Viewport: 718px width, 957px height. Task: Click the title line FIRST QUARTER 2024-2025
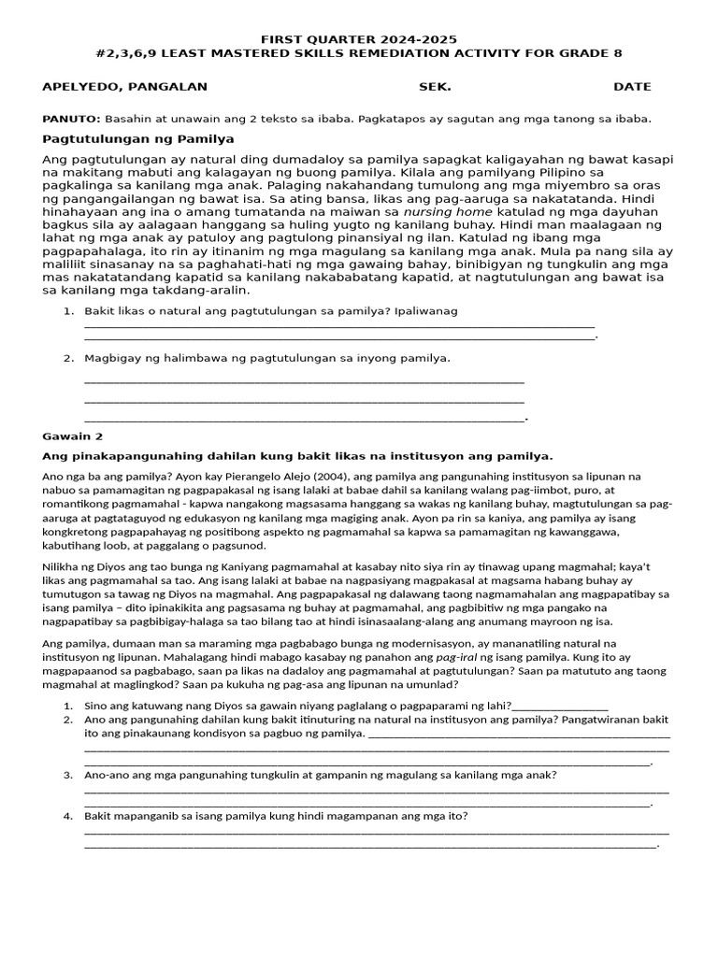[359, 38]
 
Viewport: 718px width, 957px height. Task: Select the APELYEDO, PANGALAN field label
[125, 87]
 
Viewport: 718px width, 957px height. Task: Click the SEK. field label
[435, 87]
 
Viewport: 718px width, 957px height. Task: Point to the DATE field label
[632, 87]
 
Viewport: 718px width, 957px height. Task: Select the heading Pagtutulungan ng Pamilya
[138, 138]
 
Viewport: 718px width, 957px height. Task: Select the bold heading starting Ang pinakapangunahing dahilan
[298, 456]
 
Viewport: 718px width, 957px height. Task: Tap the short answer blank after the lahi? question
[560, 707]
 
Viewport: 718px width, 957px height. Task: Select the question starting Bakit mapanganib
[276, 816]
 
